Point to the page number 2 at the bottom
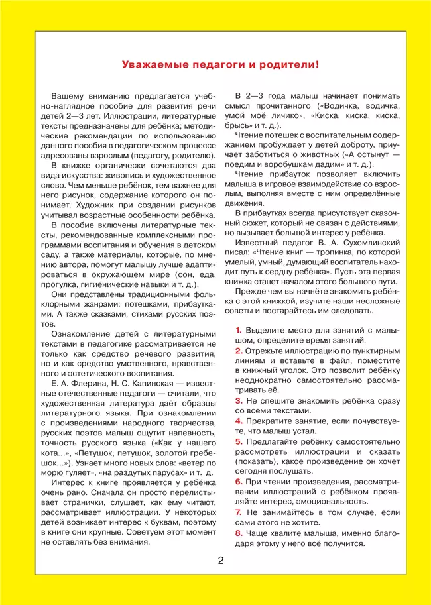click(x=221, y=561)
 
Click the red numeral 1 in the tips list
click(x=239, y=329)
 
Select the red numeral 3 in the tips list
click(x=239, y=401)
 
